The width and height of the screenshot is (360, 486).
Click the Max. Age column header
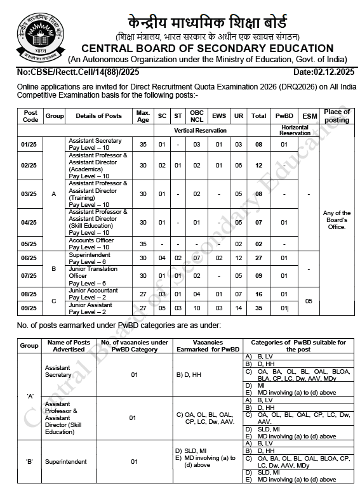(143, 115)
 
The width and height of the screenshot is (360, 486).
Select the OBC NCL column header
(197, 115)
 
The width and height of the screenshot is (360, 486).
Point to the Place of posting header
(337, 115)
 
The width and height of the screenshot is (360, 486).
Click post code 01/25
(30, 145)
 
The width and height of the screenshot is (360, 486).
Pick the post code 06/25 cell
(30, 258)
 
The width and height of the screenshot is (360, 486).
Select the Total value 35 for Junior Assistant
(259, 308)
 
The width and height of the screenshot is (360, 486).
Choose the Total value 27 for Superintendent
(259, 258)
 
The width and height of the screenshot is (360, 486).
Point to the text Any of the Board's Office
(337, 220)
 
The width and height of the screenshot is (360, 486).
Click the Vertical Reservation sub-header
(200, 130)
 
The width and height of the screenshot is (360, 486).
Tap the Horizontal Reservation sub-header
(295, 130)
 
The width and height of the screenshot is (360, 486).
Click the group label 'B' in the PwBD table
(29, 461)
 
